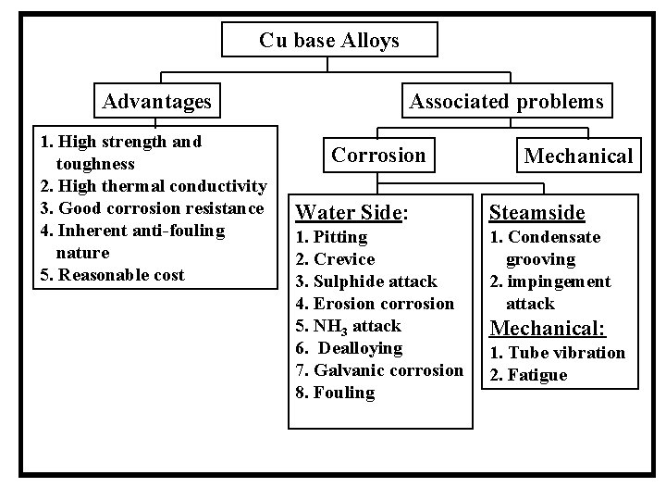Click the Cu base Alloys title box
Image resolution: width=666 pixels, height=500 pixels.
click(x=329, y=40)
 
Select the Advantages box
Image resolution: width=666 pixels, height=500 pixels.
click(x=156, y=100)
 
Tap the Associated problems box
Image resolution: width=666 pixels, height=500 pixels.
click(x=506, y=100)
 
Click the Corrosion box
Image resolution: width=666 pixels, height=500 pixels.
click(x=378, y=155)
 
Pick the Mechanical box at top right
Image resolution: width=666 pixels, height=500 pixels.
click(x=578, y=156)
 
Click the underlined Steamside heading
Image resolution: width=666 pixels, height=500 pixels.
click(x=536, y=213)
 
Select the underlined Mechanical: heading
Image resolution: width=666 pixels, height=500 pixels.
click(x=548, y=328)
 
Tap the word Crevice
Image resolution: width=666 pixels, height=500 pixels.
click(x=344, y=259)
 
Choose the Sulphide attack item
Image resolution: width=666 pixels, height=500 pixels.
click(x=365, y=281)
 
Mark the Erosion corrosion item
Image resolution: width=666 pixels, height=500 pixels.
click(x=374, y=304)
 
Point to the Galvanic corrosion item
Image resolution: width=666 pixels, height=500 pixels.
click(x=378, y=370)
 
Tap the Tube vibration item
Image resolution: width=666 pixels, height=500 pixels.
click(x=557, y=353)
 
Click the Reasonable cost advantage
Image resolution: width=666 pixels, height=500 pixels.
click(x=112, y=275)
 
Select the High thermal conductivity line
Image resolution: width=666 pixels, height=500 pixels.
click(x=154, y=186)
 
